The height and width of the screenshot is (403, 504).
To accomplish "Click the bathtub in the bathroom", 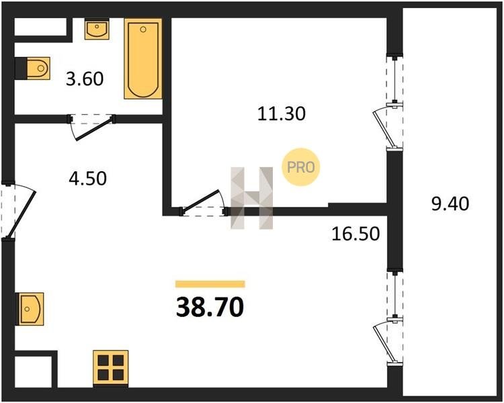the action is point(143,58).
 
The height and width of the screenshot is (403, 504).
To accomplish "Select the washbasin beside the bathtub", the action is point(97,29).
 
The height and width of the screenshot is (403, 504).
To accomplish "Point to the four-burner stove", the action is point(111,367).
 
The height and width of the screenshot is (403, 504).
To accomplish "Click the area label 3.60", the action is point(85,79).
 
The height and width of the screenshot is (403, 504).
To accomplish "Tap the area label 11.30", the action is point(282,114).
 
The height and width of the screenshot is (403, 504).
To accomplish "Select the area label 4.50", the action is point(87,179).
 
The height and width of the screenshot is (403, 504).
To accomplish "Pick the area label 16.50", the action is point(355,234).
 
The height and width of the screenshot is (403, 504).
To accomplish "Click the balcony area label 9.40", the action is point(450,204).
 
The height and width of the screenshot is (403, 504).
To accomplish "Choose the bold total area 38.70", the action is point(210,307).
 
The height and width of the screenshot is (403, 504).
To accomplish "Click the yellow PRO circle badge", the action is point(301,167).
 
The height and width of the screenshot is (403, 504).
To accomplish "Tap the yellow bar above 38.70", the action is point(210,283).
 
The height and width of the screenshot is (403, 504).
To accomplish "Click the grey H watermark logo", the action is point(252,198).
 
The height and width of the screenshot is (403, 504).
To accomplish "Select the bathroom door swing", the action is point(91,127).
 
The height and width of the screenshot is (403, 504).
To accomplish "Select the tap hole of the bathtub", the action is point(143,30).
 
